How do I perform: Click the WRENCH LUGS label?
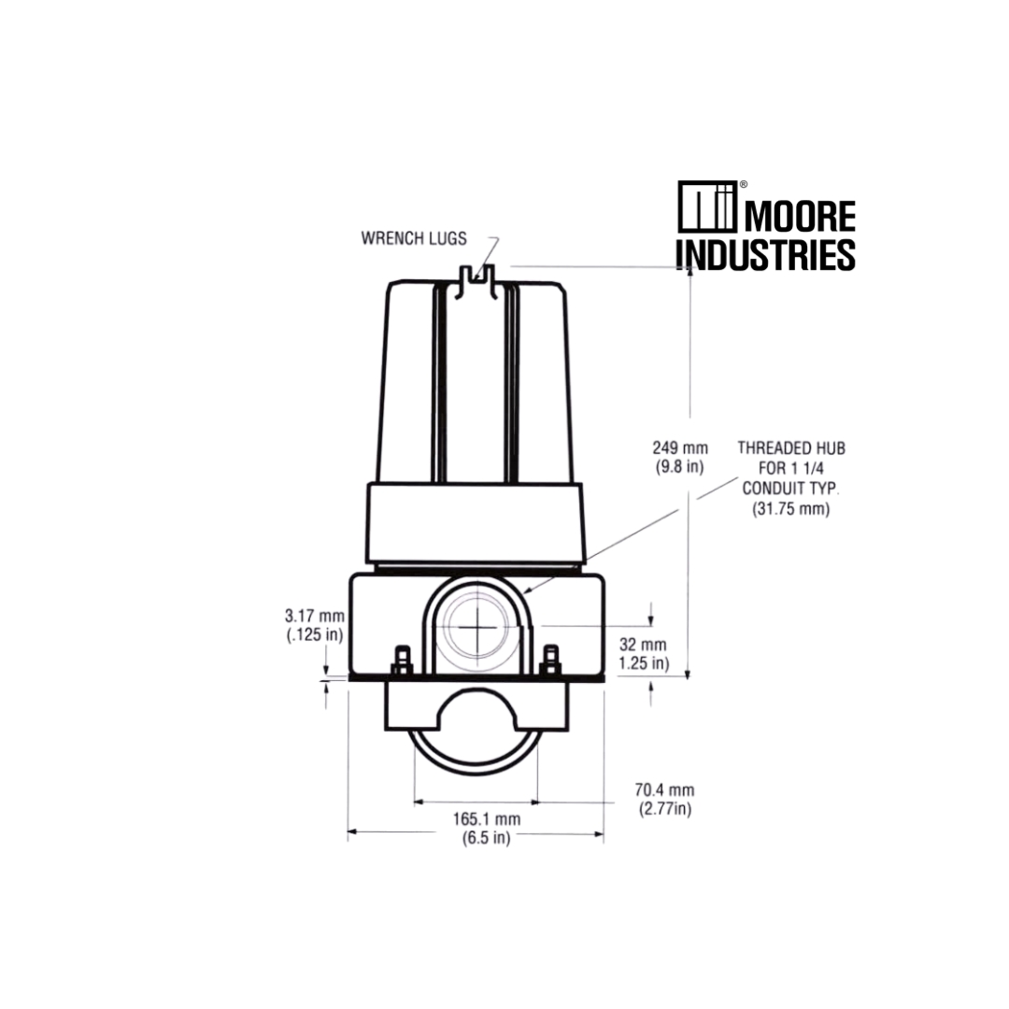[414, 238]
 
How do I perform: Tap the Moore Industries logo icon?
[707, 206]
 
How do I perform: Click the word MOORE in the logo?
[800, 216]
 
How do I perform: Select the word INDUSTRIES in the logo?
[766, 254]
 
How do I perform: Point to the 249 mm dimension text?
[680, 448]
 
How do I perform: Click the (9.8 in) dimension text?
[680, 466]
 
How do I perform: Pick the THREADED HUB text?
[791, 448]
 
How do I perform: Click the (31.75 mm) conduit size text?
[791, 509]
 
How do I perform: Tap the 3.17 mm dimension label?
[315, 616]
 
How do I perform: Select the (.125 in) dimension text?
[315, 635]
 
